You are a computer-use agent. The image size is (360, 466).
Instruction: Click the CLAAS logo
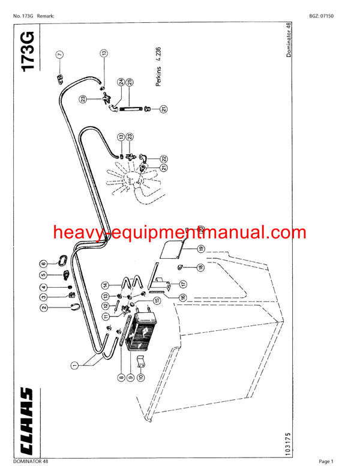pos(26,421)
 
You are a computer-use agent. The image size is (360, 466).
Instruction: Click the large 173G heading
pos(28,52)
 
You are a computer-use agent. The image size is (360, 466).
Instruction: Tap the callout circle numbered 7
pos(60,55)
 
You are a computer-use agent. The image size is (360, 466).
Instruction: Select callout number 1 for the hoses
pos(74,365)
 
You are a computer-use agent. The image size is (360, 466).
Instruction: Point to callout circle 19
pos(201,249)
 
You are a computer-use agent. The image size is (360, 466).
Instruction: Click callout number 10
pos(141,377)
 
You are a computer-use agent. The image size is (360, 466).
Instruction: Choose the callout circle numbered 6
pos(44,264)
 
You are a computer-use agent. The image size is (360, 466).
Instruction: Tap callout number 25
pos(130,82)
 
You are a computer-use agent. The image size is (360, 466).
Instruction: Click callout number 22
pos(164,159)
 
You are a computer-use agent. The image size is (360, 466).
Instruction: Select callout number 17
pos(183,284)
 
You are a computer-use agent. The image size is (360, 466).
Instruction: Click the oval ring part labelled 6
pos(63,260)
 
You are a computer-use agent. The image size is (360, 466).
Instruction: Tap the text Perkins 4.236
pos(158,67)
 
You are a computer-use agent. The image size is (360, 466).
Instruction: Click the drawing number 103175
pos(287,444)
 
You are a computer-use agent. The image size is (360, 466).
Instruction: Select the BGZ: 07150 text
pos(321,16)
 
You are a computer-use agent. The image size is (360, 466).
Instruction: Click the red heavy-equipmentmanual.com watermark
pos(179,232)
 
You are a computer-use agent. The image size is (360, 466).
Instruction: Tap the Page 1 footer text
pos(326,461)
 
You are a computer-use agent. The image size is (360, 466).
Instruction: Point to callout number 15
pos(157,300)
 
